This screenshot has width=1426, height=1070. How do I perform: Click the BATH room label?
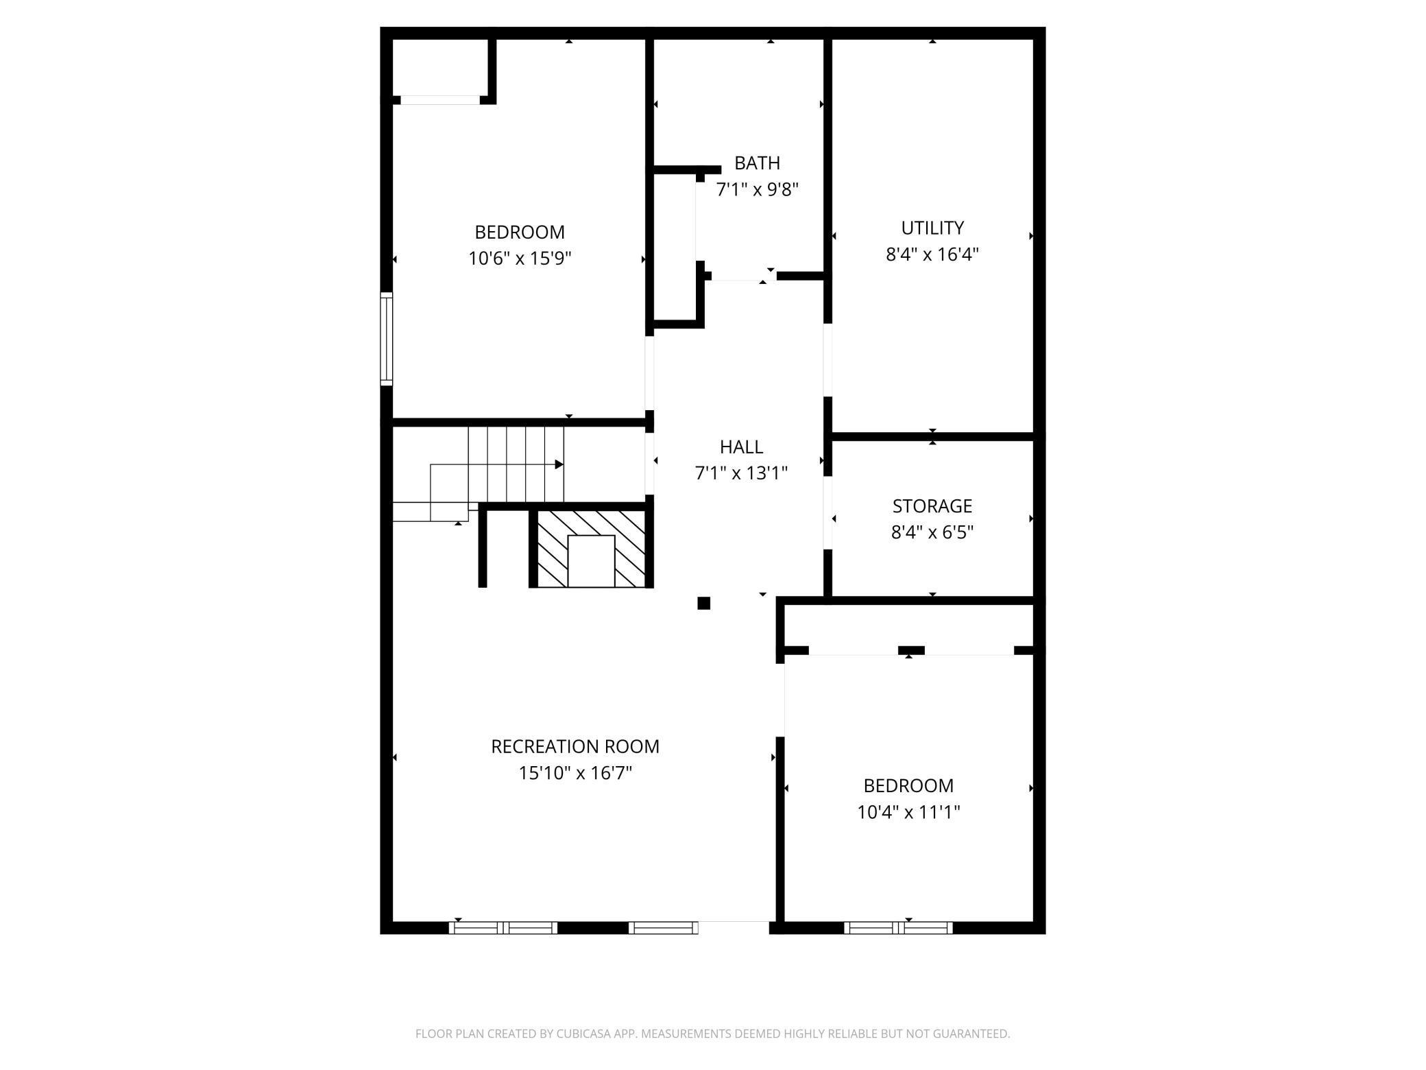tap(757, 163)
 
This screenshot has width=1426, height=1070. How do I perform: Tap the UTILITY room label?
tap(932, 228)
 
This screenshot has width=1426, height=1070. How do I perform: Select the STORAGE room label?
tap(932, 506)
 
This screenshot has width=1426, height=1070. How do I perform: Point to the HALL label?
tap(741, 447)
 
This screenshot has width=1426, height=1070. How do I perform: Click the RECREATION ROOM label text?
tap(575, 746)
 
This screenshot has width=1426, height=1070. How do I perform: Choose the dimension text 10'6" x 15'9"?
tap(520, 259)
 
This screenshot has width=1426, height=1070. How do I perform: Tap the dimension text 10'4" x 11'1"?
tap(908, 812)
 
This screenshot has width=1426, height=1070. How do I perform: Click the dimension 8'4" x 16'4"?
tap(932, 254)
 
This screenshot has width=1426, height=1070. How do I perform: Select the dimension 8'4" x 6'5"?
tap(932, 532)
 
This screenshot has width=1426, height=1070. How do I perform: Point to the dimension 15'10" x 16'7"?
tap(575, 773)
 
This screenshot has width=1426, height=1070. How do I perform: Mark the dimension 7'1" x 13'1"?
tap(741, 473)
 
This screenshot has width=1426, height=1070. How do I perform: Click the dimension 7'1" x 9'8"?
tap(758, 189)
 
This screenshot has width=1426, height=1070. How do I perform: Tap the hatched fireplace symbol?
tap(591, 548)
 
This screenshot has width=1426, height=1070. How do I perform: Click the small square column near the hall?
tap(703, 604)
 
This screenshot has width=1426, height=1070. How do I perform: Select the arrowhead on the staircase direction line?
tap(559, 464)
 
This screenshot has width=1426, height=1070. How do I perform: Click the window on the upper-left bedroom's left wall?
tap(387, 339)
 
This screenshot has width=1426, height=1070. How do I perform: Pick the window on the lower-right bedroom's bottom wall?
tap(898, 928)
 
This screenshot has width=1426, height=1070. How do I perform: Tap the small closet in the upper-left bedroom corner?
tap(439, 67)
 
